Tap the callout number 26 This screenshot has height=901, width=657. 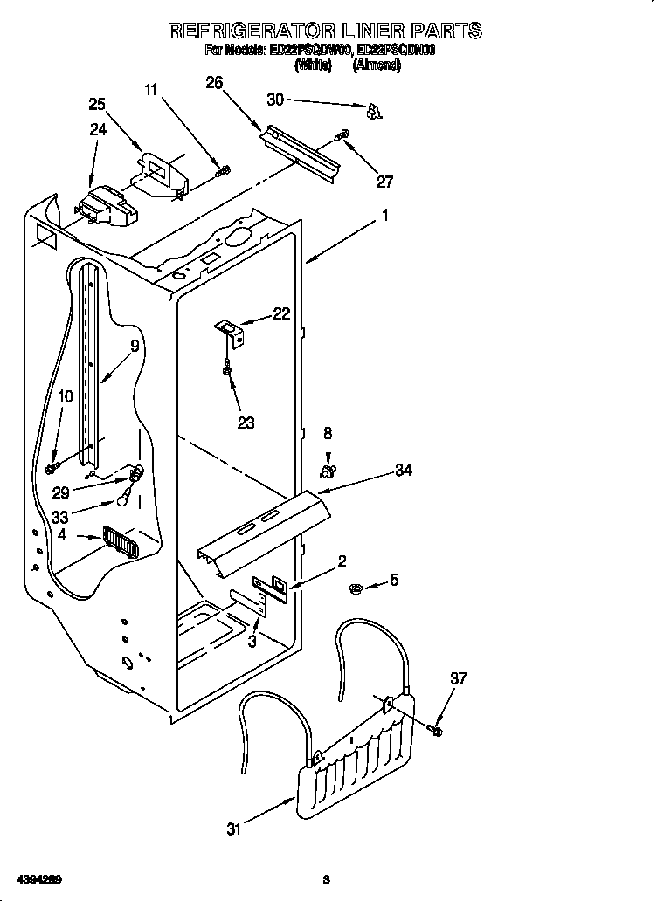pyautogui.click(x=214, y=83)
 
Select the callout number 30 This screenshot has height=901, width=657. pyautogui.click(x=275, y=100)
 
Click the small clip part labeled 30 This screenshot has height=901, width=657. pyautogui.click(x=374, y=110)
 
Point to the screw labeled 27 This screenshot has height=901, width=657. pyautogui.click(x=343, y=135)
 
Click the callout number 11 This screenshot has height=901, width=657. pyautogui.click(x=151, y=89)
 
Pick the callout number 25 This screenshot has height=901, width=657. pyautogui.click(x=97, y=104)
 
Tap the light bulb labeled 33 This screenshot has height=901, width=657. pyautogui.click(x=127, y=499)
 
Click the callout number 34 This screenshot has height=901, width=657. pyautogui.click(x=403, y=471)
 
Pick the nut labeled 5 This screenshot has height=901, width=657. pyautogui.click(x=357, y=586)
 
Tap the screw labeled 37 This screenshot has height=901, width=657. pyautogui.click(x=436, y=726)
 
